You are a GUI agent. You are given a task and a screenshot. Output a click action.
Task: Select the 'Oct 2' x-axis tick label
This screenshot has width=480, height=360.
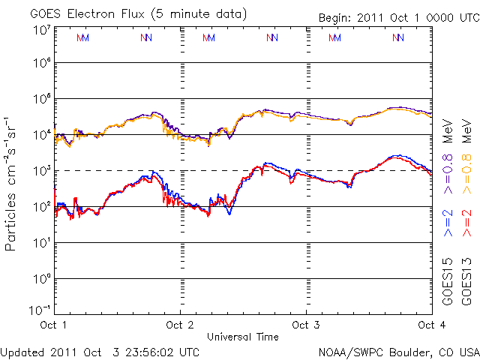pos(180,325)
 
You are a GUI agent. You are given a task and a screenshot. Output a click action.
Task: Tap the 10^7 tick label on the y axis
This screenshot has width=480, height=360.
pos(41,30)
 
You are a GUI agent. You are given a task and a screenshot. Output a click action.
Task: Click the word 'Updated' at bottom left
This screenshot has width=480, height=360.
pos(22,351)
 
